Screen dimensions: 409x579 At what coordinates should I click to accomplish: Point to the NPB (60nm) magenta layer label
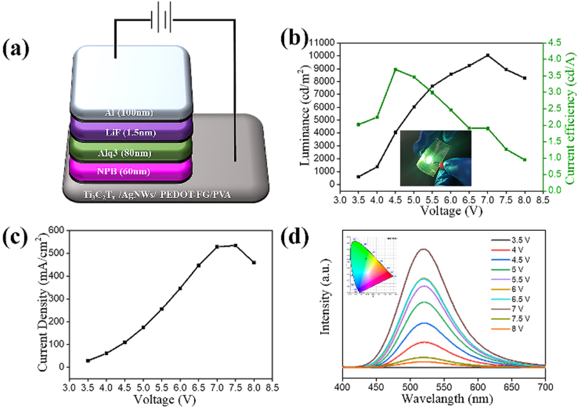click(x=131, y=172)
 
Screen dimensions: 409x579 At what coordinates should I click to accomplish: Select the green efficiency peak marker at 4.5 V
click(x=395, y=69)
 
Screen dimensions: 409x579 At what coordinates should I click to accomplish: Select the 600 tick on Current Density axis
click(x=55, y=231)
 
